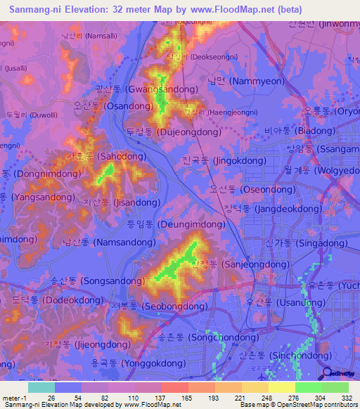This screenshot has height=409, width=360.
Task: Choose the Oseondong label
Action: (252, 190)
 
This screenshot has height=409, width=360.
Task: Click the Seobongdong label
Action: (158, 307)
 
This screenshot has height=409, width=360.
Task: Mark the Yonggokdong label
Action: (136, 364)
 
